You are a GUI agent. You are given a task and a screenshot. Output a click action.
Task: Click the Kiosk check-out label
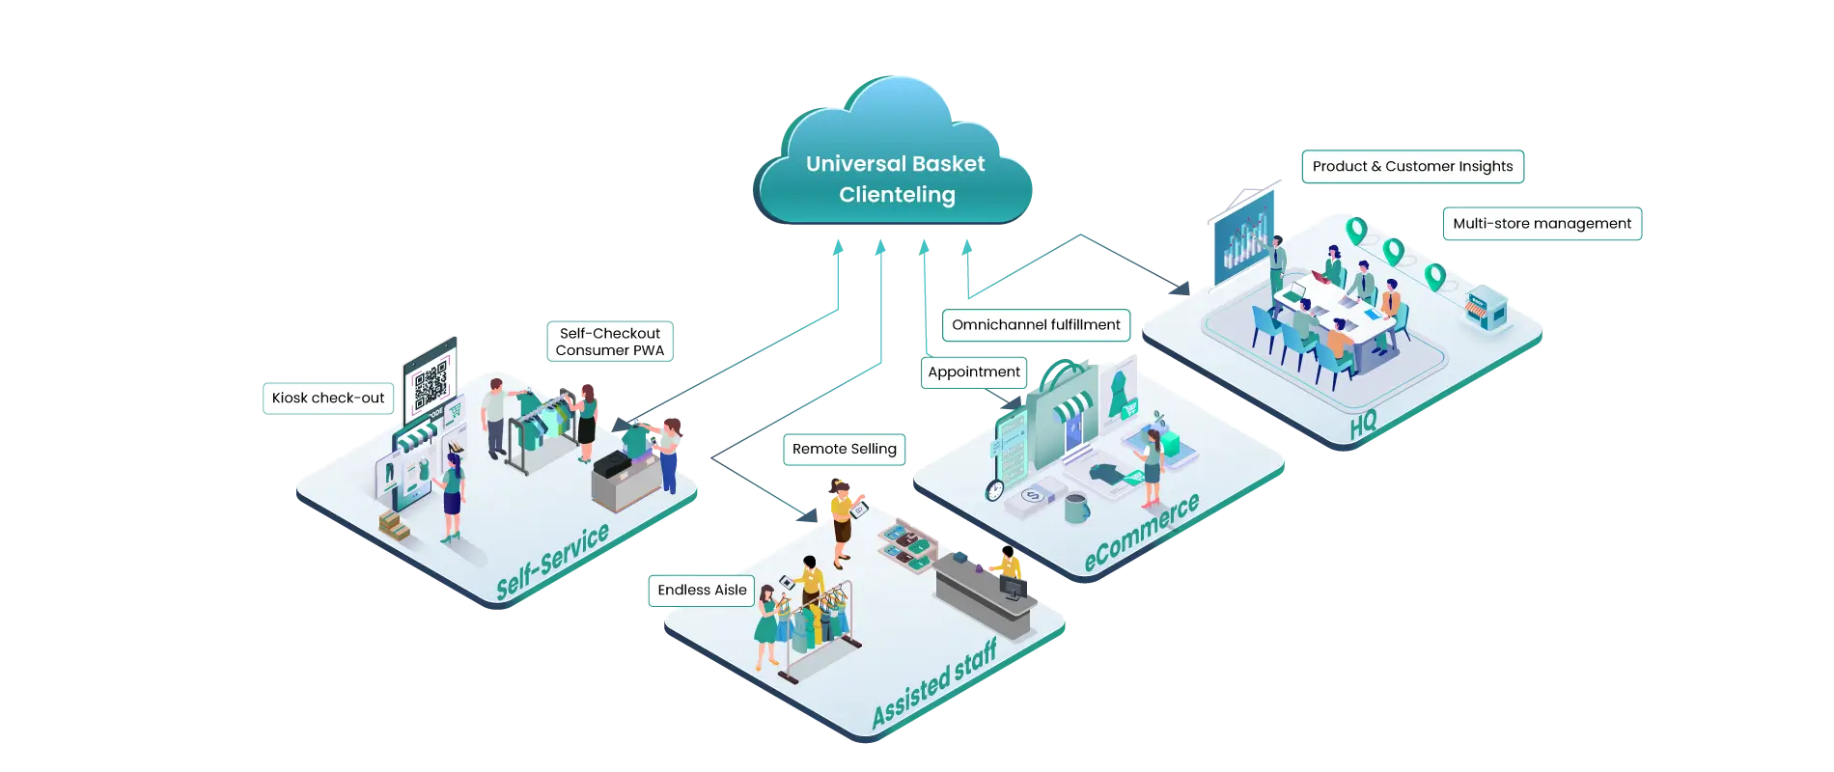[328, 398]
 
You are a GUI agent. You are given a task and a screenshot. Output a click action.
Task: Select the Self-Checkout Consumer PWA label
[609, 342]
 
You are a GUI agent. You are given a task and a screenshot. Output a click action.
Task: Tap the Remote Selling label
[844, 449]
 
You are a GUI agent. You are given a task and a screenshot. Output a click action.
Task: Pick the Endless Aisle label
[702, 590]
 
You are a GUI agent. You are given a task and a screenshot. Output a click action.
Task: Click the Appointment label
[973, 372]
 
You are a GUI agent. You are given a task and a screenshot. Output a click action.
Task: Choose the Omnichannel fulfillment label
[1036, 324]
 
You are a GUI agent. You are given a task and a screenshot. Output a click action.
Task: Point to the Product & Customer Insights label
[1412, 166]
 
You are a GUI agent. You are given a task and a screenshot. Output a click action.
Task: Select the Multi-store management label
[1542, 223]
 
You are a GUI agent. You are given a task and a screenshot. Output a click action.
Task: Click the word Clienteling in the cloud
[897, 195]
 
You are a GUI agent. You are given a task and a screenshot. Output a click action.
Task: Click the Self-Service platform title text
[552, 562]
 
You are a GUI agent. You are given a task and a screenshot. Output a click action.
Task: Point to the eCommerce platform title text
[1141, 533]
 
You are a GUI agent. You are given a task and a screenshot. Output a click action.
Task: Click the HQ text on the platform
[1363, 423]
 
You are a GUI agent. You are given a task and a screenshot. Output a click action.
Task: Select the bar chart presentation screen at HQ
[1245, 236]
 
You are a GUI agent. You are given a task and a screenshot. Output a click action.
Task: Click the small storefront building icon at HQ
[1485, 310]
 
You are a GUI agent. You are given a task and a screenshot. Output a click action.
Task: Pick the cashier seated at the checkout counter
[1009, 564]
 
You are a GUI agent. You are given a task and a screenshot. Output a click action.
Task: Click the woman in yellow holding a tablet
[842, 516]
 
